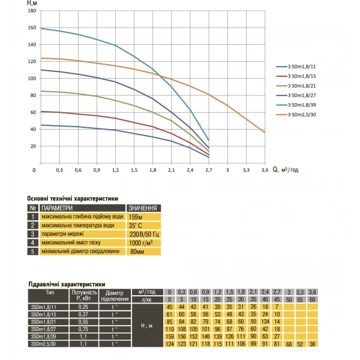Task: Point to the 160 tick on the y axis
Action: coord(32,28)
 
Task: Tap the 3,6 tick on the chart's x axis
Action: coord(265,170)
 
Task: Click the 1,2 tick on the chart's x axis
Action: coord(115,170)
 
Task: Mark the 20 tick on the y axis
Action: coord(33,146)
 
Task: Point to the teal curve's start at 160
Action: coord(41,28)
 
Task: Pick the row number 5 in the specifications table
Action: coord(33,252)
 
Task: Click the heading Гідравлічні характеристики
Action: coord(67,284)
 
